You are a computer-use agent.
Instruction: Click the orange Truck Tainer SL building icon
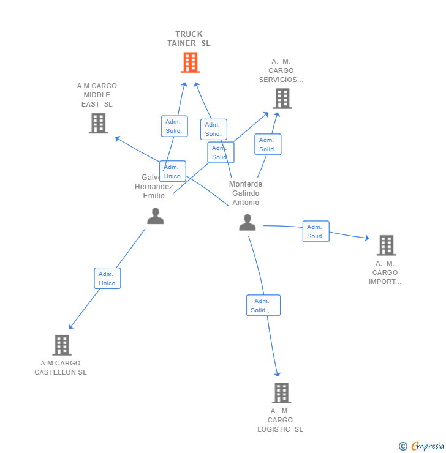190,62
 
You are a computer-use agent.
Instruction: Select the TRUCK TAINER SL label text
189,39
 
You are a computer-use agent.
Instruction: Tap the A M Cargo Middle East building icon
98,123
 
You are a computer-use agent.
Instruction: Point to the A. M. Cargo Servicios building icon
282,99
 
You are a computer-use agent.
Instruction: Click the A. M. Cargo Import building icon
386,245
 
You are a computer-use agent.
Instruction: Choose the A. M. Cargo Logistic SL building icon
281,393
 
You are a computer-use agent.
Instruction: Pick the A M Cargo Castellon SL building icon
61,345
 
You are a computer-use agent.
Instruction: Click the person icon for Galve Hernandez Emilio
155,216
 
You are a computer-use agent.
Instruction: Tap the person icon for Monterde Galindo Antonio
247,223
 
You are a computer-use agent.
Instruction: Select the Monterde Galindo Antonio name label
246,193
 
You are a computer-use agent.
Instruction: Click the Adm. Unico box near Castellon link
107,279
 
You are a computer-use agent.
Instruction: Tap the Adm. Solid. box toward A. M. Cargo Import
316,231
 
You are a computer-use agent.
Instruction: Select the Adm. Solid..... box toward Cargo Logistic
263,305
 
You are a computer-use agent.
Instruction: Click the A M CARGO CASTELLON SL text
61,368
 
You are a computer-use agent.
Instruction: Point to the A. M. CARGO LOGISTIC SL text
280,420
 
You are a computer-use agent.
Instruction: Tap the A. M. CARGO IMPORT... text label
385,273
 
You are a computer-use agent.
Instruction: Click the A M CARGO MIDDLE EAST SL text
97,95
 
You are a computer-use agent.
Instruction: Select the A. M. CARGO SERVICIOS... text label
281,70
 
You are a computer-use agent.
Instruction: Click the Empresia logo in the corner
422,446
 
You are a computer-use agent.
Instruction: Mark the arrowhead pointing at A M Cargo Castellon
70,327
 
